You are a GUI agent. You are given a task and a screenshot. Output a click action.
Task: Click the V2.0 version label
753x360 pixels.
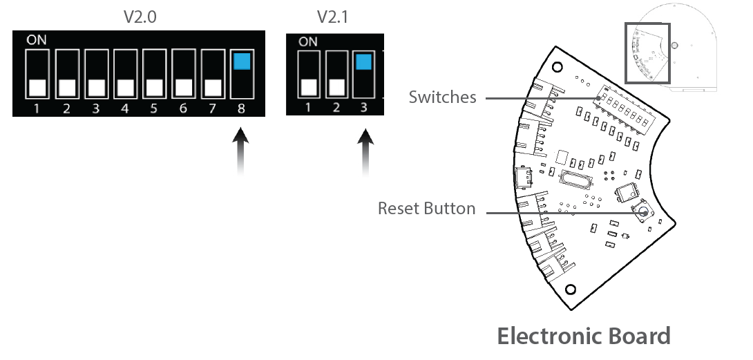point(140,17)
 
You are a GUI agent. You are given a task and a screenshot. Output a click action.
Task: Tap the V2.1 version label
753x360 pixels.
point(332,17)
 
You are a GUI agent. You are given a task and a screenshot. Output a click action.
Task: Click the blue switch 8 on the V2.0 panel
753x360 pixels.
point(242,61)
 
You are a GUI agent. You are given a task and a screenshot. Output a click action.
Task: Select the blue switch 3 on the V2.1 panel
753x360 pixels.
point(363,62)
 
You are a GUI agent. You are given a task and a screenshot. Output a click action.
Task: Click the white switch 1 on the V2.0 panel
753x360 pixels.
point(37,88)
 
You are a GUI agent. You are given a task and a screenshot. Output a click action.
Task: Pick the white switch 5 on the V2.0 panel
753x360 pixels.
point(154,88)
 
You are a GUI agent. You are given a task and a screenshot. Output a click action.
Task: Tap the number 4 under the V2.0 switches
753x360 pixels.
point(124,108)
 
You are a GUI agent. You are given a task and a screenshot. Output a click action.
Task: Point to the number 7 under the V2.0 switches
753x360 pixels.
point(212,108)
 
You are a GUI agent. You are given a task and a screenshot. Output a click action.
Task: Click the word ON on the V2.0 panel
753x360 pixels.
point(37,40)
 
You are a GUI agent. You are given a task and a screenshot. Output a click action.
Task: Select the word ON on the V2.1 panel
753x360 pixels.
point(308,42)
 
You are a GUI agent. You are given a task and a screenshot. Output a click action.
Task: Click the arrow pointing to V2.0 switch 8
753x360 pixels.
point(240,151)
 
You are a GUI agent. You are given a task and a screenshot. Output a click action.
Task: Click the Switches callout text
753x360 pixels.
point(442,97)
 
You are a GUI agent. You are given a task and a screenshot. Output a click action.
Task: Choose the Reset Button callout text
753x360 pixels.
point(426,209)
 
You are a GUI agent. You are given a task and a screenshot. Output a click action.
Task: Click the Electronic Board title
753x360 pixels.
point(584,336)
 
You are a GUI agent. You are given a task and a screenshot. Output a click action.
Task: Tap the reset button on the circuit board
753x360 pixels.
point(642,211)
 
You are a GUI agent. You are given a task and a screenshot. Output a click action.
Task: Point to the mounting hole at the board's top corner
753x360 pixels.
point(557,67)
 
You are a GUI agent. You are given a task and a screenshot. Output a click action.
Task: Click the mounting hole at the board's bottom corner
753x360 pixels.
point(571,290)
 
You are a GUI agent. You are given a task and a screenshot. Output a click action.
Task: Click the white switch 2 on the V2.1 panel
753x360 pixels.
point(337,88)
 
